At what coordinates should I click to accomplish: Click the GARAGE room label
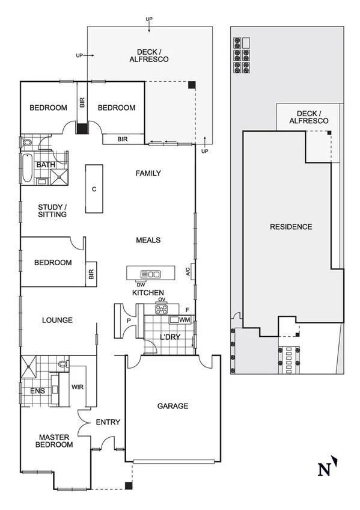(x=173, y=406)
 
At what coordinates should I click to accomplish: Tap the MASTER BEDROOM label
(x=56, y=441)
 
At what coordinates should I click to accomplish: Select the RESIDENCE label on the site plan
(x=291, y=227)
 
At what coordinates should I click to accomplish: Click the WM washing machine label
(x=185, y=320)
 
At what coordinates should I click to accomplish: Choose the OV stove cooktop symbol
(x=162, y=310)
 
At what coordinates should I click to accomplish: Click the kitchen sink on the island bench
(x=150, y=274)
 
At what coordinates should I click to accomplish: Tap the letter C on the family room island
(x=94, y=189)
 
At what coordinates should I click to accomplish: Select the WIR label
(x=78, y=387)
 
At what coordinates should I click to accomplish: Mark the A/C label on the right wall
(x=188, y=271)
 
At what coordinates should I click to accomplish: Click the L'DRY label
(x=169, y=337)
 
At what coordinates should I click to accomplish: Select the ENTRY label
(x=108, y=422)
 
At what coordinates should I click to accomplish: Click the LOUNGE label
(x=58, y=320)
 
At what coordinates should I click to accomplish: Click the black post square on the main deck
(x=191, y=85)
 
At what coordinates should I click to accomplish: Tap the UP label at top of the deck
(x=149, y=20)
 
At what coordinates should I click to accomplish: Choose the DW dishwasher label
(x=141, y=285)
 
